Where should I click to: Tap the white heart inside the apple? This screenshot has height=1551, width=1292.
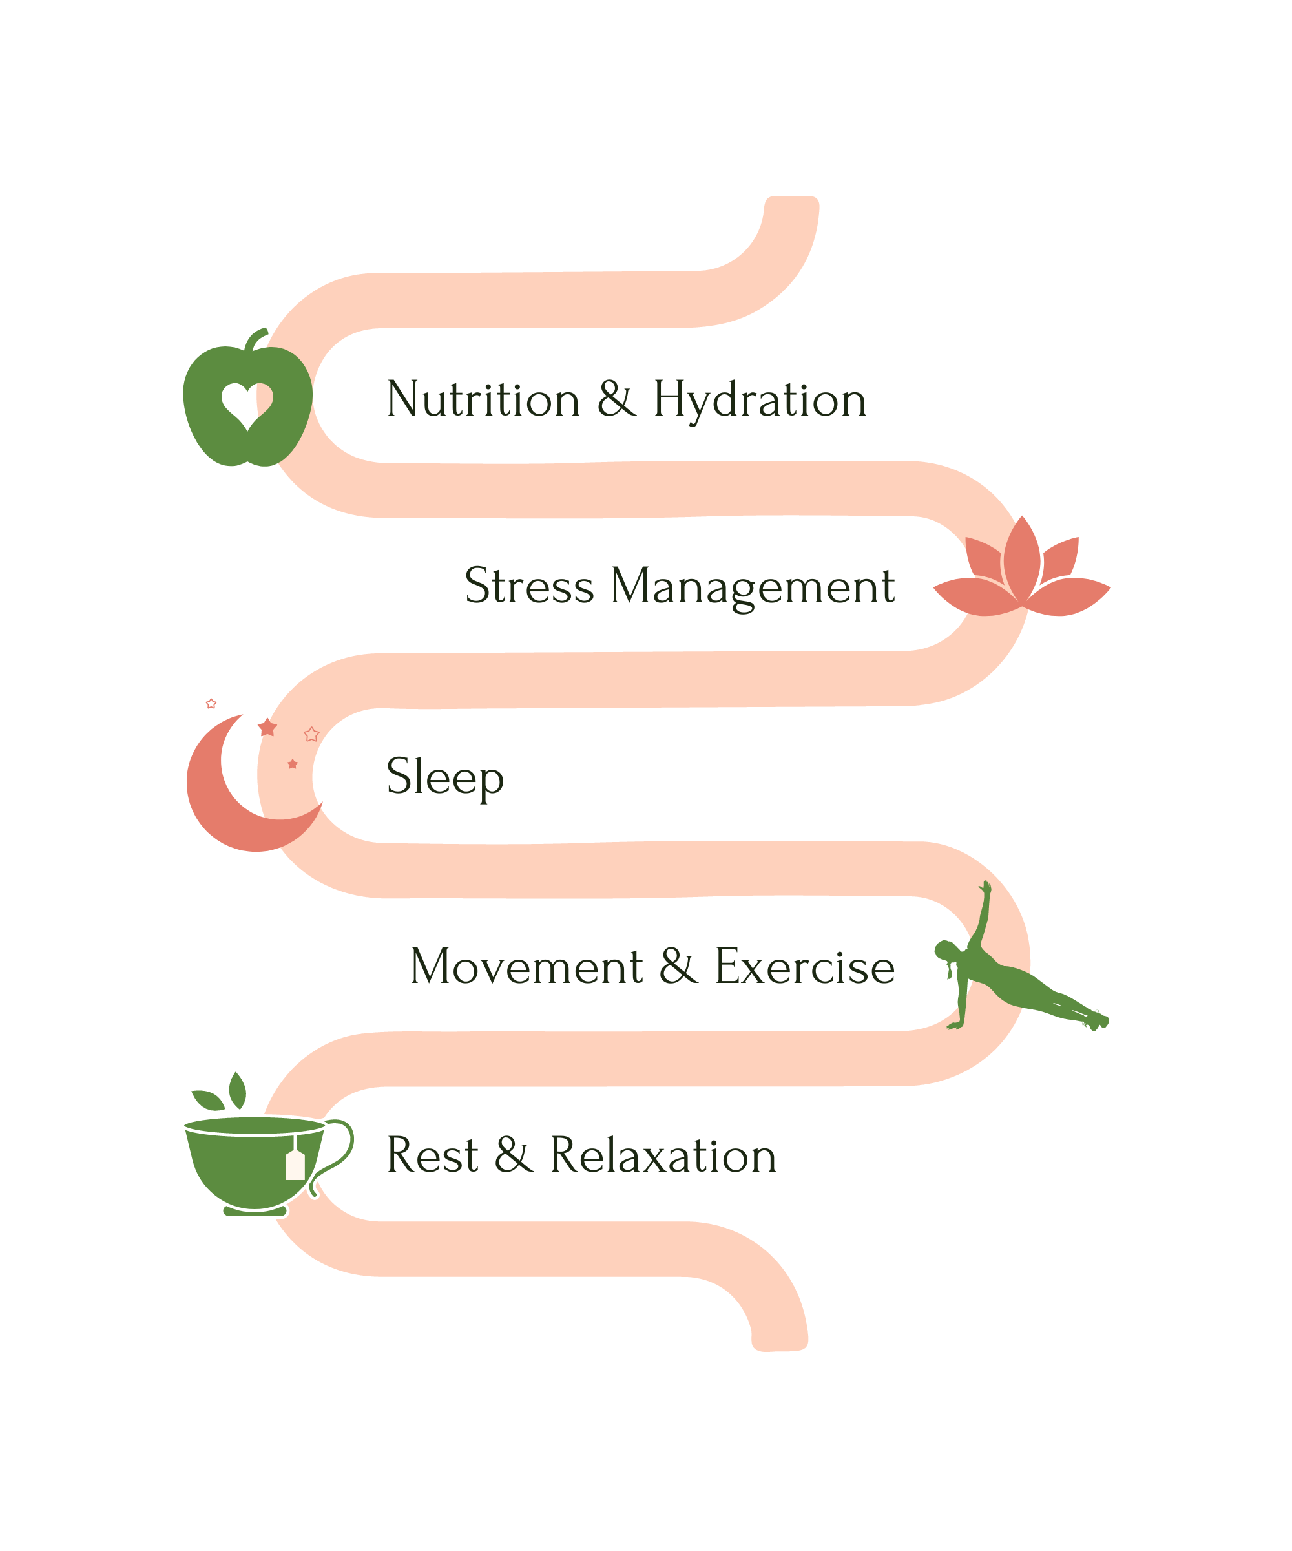(247, 403)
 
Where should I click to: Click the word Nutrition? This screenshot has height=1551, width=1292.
(484, 400)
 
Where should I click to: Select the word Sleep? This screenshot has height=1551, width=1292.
(444, 777)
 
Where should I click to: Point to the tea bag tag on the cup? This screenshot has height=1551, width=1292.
(295, 1165)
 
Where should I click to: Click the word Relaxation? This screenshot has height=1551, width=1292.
(663, 1156)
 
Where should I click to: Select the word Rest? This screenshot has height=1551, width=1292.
(433, 1156)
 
